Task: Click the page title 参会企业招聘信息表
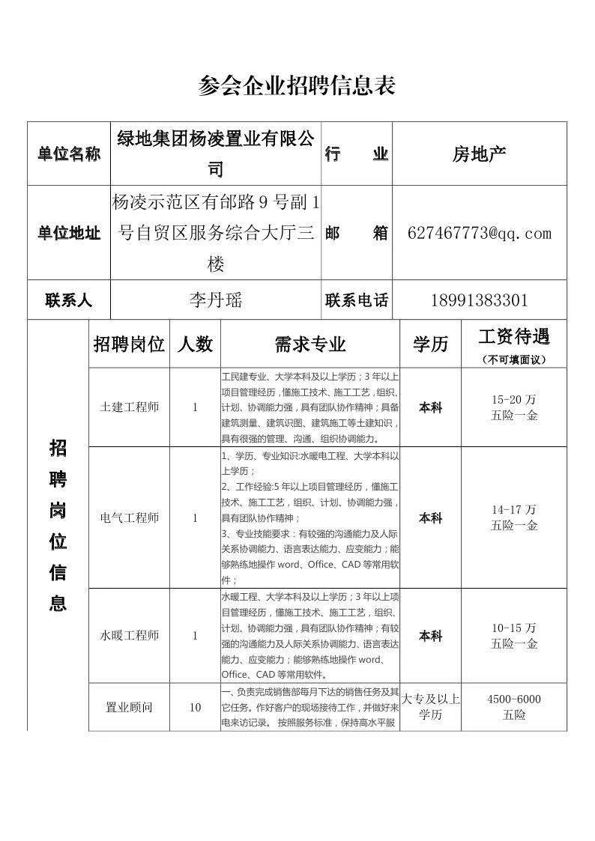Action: coord(297,85)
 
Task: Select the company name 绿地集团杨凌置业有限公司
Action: coord(216,154)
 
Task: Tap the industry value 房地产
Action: coord(480,154)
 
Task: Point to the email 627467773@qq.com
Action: coord(480,233)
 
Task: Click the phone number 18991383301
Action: coord(480,300)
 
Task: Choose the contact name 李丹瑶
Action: coord(216,300)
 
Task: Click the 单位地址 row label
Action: coord(69,233)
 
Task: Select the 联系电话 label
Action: coord(357,300)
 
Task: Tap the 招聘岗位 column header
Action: coord(129,344)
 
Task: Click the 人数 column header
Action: coord(195,344)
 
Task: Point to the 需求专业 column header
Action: coord(310,344)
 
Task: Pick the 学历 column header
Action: coord(430,344)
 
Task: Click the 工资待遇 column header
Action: coord(514,337)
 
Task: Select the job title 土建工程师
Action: coord(129,407)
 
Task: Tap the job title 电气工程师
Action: coord(129,517)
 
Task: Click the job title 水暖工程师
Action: coord(129,636)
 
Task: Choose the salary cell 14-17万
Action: coord(514,510)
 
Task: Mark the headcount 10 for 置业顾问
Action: coord(195,707)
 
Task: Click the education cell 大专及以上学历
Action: coord(430,707)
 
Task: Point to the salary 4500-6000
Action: coord(514,699)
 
